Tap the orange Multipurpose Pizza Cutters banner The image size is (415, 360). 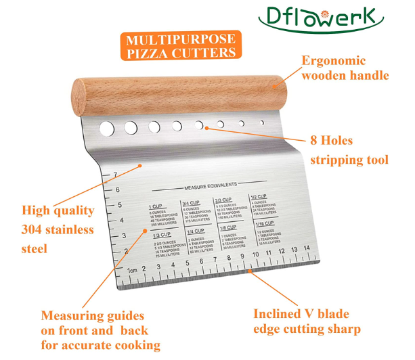coord(179,44)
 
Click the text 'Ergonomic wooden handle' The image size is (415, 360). coord(345,67)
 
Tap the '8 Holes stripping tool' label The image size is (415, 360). coord(349,150)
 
